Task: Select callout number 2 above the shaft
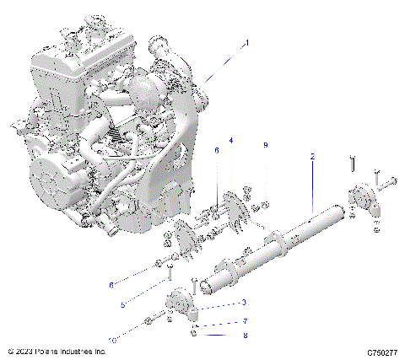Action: pos(312,158)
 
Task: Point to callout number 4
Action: pos(231,140)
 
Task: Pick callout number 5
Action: pos(122,305)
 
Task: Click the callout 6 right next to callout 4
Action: pos(216,150)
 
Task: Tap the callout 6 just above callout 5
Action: pos(111,285)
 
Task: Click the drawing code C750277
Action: pos(382,351)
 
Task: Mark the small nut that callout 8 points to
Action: pos(195,332)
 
